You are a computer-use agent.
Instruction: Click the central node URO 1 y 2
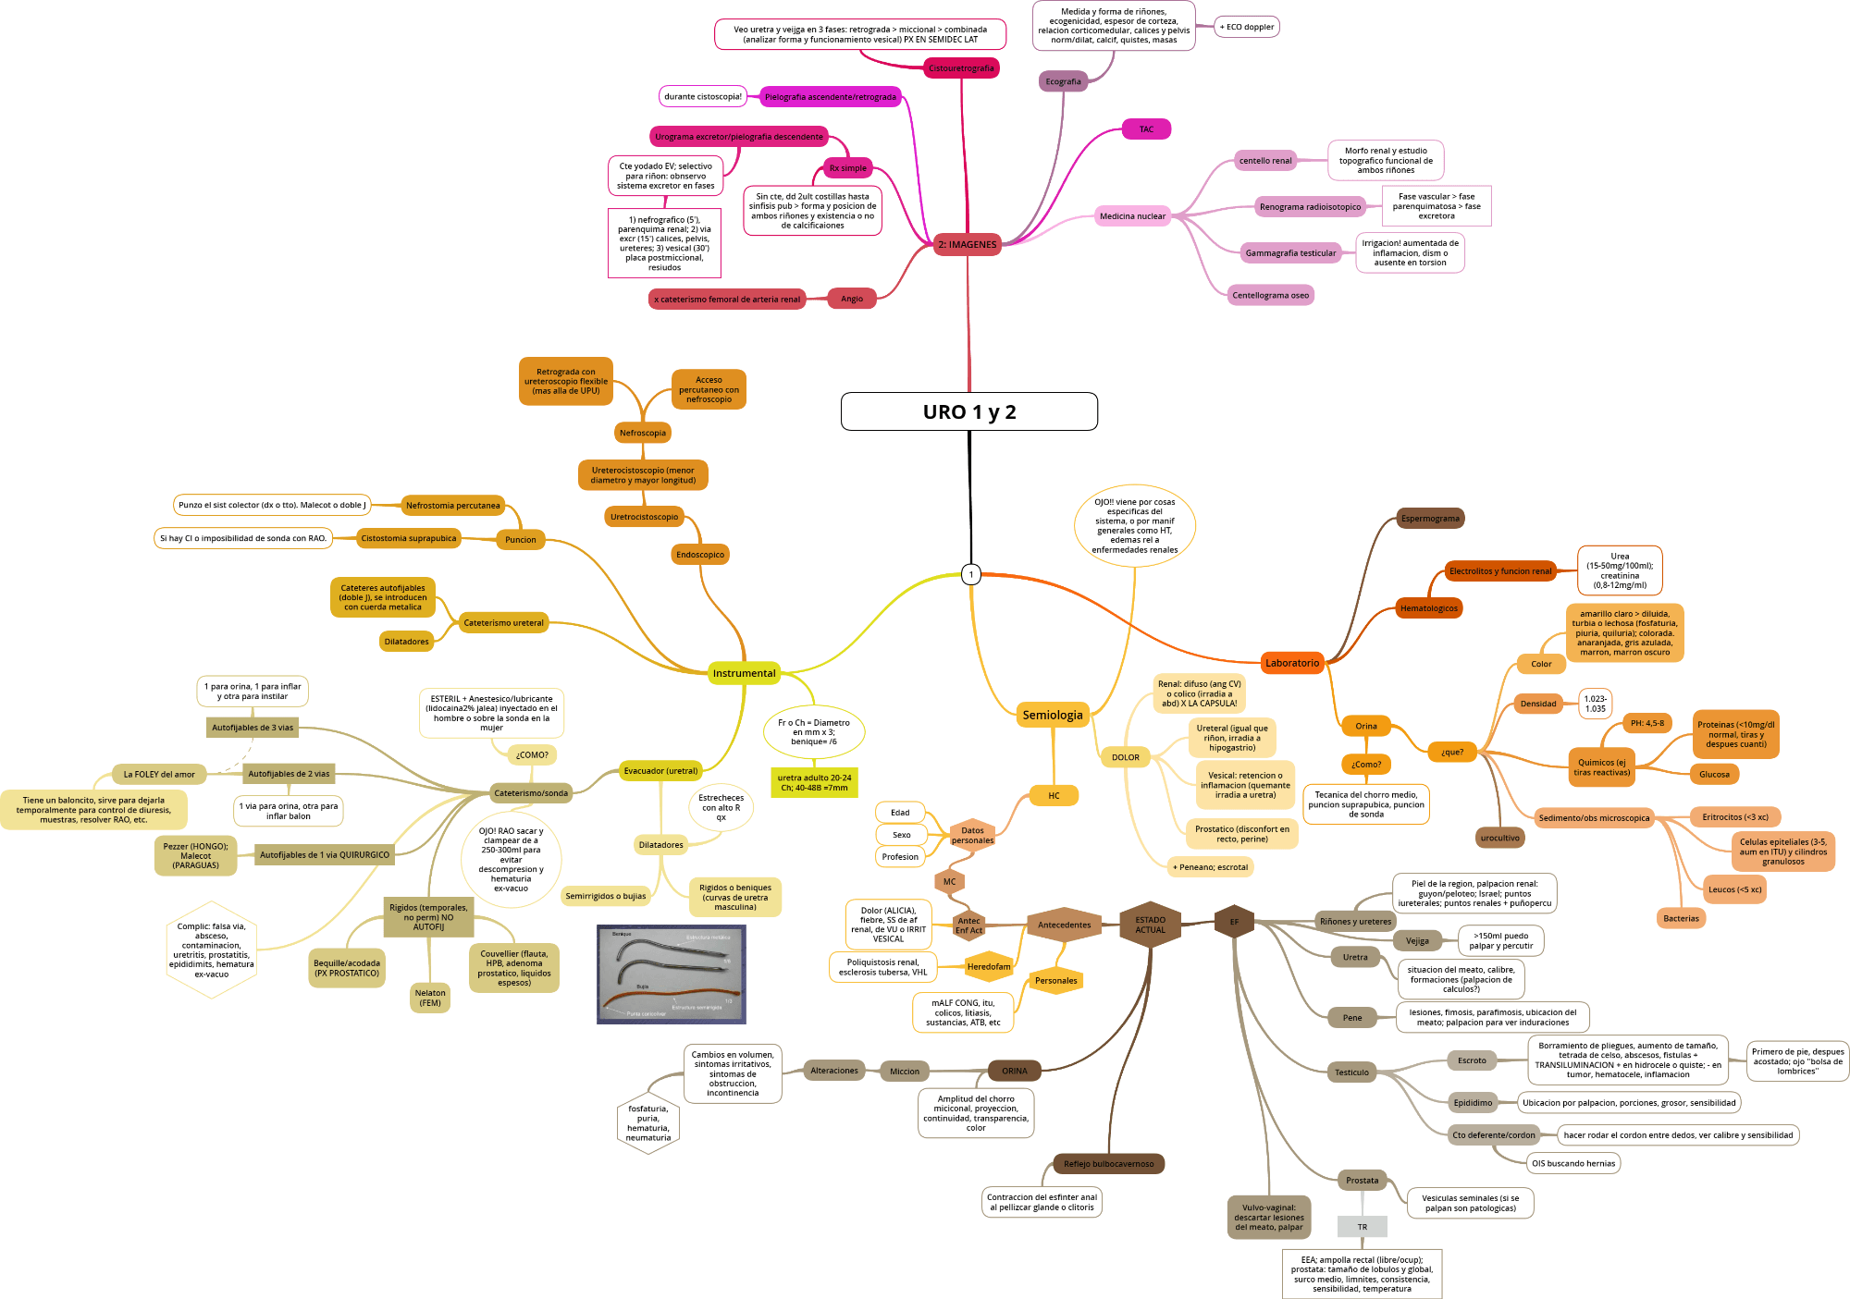(968, 411)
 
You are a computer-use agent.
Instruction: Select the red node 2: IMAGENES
(967, 245)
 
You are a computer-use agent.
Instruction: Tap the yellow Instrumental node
(744, 673)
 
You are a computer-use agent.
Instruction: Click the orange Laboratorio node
(1292, 663)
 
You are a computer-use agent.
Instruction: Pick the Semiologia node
(1052, 715)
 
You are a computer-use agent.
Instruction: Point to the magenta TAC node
(1146, 129)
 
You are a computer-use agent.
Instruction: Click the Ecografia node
(1063, 81)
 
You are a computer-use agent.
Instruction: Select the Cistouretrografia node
(961, 68)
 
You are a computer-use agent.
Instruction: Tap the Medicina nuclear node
(1132, 216)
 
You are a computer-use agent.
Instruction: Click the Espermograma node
(1430, 519)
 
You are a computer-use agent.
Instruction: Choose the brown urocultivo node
(1499, 839)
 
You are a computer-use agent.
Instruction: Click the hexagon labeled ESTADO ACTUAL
(1150, 925)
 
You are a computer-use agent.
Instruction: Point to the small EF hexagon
(1234, 922)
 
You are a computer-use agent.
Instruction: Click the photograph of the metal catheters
(671, 974)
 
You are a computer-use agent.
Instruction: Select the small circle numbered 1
(970, 574)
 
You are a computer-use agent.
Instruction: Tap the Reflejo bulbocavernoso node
(1108, 1164)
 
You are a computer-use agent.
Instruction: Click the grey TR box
(1362, 1227)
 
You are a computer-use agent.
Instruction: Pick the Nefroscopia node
(642, 433)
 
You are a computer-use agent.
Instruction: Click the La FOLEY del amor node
(159, 775)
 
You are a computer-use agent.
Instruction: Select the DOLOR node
(1125, 757)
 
